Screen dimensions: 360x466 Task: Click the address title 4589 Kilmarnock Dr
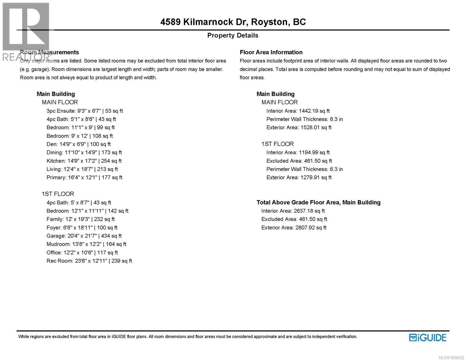233,22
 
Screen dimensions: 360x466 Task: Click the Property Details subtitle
233,35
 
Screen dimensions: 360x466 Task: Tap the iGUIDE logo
428,337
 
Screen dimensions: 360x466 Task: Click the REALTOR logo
26,31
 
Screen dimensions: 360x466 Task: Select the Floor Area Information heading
271,52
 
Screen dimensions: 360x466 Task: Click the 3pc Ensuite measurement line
85,111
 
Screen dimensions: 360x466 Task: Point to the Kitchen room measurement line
84,161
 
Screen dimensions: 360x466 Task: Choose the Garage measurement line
84,236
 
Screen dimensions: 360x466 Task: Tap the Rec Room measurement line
89,261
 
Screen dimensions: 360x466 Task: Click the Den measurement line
79,144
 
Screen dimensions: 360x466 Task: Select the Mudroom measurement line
86,244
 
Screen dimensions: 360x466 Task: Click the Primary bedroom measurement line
84,178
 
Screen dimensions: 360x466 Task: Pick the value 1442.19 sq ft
314,111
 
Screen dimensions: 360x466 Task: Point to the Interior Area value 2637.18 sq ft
309,211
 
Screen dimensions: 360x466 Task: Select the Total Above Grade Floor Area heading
318,202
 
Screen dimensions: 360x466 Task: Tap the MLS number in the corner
451,358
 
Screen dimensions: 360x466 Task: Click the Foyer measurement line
82,228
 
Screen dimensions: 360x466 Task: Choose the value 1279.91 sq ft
316,178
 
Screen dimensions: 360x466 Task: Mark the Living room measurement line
82,169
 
